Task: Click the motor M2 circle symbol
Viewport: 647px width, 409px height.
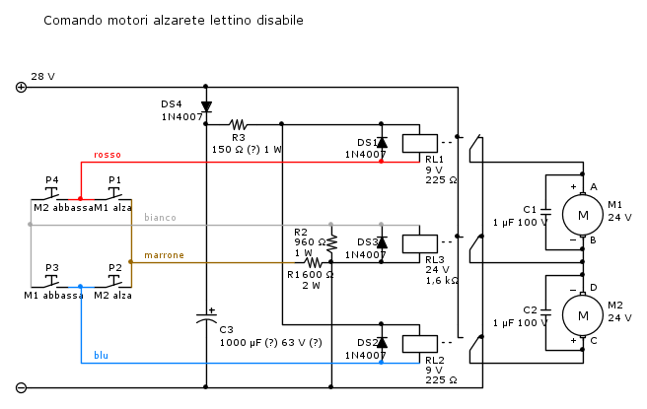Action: click(x=582, y=314)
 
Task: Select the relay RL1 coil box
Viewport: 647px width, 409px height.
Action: click(x=427, y=141)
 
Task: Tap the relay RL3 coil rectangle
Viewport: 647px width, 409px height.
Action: click(x=427, y=243)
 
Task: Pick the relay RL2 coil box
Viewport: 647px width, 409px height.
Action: click(x=427, y=342)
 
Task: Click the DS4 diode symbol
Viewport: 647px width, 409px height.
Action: click(x=206, y=105)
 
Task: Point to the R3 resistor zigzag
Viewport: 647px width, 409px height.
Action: click(x=238, y=124)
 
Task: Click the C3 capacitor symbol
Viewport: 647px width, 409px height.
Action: click(x=206, y=318)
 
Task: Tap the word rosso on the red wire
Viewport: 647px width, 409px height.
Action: click(x=108, y=154)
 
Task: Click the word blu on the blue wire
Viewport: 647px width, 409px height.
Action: click(x=102, y=355)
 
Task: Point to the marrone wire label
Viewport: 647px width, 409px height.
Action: click(x=164, y=255)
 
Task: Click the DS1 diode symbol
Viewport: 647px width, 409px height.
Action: click(x=382, y=142)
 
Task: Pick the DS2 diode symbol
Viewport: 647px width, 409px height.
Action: click(x=382, y=342)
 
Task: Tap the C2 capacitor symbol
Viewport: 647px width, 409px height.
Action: click(x=546, y=314)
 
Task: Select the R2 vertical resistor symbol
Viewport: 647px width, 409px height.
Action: click(x=332, y=241)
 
